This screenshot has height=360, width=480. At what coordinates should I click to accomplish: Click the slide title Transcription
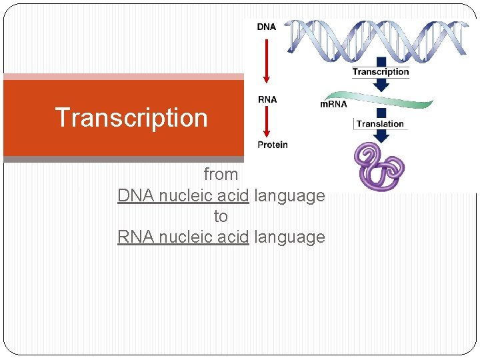tap(131, 117)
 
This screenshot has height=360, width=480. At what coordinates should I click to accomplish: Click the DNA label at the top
tap(267, 27)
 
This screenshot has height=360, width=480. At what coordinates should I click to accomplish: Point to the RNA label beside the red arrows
tap(267, 100)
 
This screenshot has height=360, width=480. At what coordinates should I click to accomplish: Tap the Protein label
tap(273, 145)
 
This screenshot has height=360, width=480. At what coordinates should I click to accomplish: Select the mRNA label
tap(333, 104)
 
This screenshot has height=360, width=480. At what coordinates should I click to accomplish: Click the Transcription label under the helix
tap(381, 71)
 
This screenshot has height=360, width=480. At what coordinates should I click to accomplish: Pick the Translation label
tap(380, 123)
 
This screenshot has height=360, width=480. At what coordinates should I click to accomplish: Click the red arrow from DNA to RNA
tap(267, 63)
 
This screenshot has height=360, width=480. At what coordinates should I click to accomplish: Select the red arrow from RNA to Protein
tap(267, 122)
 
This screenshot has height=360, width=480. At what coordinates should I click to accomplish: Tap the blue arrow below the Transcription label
tap(381, 84)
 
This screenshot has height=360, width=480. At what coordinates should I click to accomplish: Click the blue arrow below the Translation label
tap(381, 135)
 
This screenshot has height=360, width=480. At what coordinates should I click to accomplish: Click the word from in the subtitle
tap(221, 175)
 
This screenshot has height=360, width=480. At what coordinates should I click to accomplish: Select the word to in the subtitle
tap(221, 217)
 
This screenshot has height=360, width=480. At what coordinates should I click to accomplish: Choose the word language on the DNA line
tap(290, 196)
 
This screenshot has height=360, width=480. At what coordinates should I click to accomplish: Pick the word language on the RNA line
tap(290, 237)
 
